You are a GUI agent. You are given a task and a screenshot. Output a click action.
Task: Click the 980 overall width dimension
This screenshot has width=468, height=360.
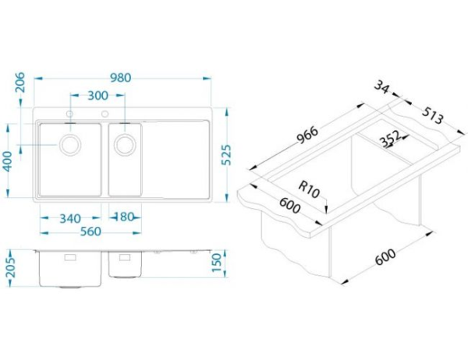[x=121, y=78]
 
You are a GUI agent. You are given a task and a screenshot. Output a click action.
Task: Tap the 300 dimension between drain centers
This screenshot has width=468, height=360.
[x=98, y=95]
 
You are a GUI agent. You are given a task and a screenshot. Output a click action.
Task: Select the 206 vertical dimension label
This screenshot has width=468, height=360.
[x=20, y=83]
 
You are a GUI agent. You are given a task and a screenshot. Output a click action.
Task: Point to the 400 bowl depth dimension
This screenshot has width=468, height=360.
[x=8, y=161]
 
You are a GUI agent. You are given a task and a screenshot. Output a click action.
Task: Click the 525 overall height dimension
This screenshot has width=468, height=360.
[x=227, y=155]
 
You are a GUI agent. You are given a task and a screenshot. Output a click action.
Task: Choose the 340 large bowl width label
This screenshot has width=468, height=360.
[x=70, y=219]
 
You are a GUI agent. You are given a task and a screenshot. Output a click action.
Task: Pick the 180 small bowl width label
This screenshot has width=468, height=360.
[x=125, y=217]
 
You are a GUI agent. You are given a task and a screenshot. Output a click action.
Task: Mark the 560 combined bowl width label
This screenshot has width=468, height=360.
[x=90, y=231]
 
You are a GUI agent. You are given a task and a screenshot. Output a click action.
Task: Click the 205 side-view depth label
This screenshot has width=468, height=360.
[x=11, y=268]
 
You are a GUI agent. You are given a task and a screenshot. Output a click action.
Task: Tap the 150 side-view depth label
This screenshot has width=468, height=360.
[x=217, y=263]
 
